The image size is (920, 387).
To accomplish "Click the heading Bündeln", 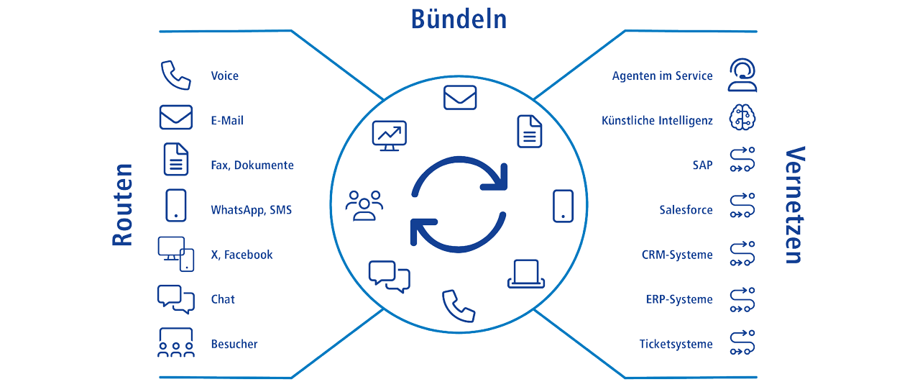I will click(459, 19).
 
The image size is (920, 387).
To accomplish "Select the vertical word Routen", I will click(123, 205).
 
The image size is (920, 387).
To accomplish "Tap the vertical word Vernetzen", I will click(793, 205).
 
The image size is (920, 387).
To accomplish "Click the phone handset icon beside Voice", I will click(175, 76).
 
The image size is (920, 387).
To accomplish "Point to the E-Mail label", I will click(227, 120).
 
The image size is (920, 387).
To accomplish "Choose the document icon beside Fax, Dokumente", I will click(175, 160).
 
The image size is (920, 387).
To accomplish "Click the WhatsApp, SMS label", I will click(251, 210).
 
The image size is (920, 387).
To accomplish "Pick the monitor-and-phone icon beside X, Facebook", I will click(176, 254).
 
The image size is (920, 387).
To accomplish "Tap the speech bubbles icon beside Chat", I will click(175, 299).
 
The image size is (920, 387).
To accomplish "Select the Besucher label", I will click(234, 344).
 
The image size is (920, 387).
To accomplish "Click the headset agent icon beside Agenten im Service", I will click(742, 76).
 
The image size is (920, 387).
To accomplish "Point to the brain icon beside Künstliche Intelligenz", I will click(742, 119).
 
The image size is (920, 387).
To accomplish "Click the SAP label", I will click(702, 165).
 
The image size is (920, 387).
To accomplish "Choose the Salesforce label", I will click(686, 210).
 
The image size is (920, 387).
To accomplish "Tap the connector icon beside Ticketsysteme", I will click(742, 343).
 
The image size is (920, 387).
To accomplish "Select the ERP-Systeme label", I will click(679, 299).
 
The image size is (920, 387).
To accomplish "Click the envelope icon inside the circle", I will click(460, 97).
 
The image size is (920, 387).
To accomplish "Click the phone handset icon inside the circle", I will click(459, 305).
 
